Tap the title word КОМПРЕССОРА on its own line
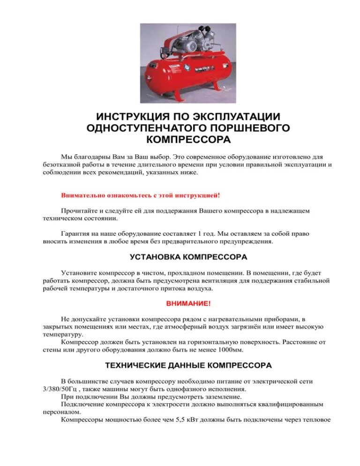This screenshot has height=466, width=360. (188, 139)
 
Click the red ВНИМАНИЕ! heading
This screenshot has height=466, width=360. (188, 304)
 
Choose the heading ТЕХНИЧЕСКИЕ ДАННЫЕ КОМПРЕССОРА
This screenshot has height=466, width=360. (188, 365)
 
